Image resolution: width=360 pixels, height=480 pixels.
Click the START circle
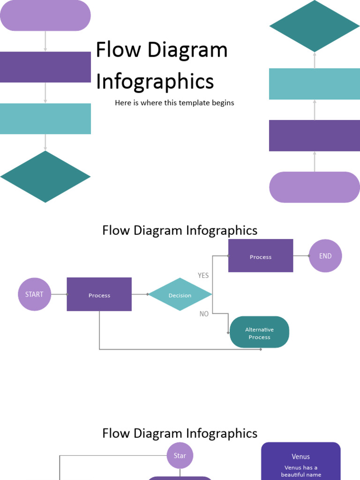point(34,294)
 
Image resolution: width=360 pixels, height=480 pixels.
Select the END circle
point(325,256)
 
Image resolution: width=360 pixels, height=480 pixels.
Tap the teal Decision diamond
point(180,294)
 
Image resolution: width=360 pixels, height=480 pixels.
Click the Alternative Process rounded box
point(259,332)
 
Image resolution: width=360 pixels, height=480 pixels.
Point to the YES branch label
point(203,276)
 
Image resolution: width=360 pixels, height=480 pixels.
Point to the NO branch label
point(204,314)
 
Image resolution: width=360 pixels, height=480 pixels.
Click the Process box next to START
point(99,294)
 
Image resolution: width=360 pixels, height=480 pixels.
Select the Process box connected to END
point(261,256)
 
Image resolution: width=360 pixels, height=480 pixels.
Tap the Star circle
point(180,456)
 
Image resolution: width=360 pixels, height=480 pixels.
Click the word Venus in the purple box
point(300,457)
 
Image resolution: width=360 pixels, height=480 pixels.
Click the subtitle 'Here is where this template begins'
point(174,103)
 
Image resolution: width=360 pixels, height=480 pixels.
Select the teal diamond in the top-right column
point(315,26)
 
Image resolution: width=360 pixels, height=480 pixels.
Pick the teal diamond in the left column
point(45,177)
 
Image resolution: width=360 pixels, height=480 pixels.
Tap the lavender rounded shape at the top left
point(45,15)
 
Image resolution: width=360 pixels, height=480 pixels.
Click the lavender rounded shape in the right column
point(315,187)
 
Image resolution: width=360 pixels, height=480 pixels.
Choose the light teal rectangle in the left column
point(45,119)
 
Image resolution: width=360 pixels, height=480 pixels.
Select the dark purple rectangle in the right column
point(315,135)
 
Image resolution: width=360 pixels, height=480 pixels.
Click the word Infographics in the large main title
point(155,82)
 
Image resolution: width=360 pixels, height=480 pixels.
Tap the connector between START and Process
point(59,294)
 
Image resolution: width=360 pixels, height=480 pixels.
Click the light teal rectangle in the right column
point(315,84)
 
